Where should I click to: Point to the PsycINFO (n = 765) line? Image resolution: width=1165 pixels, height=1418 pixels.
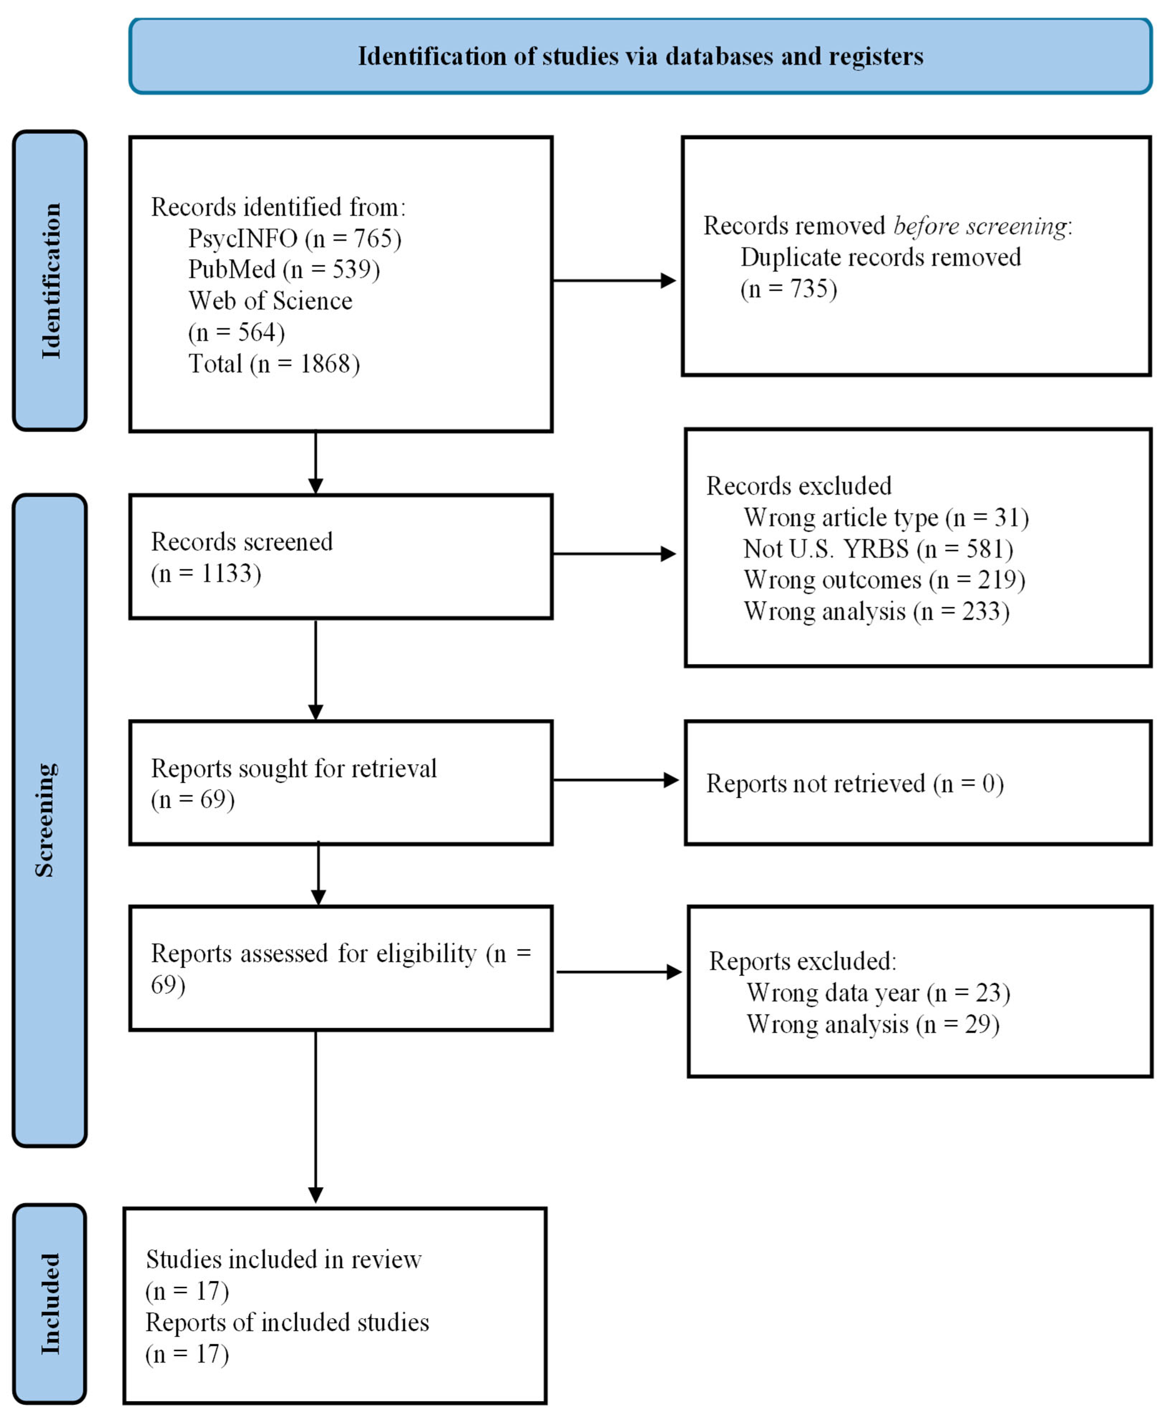point(295,238)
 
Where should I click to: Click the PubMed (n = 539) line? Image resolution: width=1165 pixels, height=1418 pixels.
point(284,269)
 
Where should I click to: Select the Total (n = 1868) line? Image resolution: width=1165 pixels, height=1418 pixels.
point(274,364)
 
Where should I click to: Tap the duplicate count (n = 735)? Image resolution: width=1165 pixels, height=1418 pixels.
point(788,289)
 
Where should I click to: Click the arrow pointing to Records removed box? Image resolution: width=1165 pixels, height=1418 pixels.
point(614,280)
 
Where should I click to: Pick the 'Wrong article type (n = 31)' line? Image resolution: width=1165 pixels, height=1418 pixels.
point(886,517)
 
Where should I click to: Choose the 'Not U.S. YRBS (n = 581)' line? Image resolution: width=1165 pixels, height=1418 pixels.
point(878,549)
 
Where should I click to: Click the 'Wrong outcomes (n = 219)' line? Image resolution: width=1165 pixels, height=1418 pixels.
point(884,580)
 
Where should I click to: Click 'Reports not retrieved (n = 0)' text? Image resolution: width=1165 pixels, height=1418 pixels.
point(854,783)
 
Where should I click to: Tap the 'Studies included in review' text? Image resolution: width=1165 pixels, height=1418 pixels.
point(283,1260)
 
